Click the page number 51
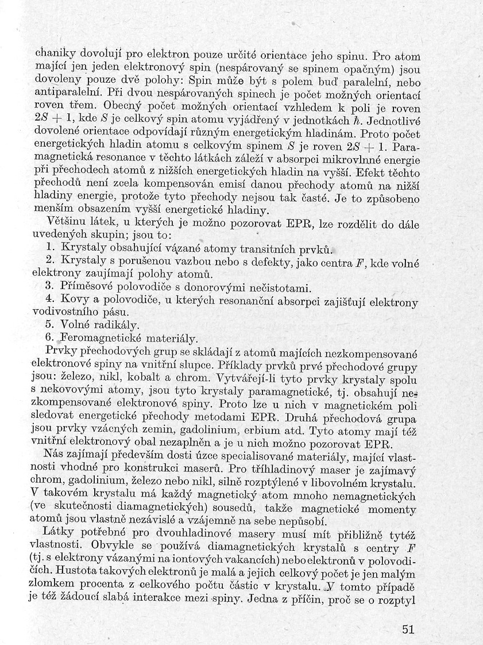[408, 629]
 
